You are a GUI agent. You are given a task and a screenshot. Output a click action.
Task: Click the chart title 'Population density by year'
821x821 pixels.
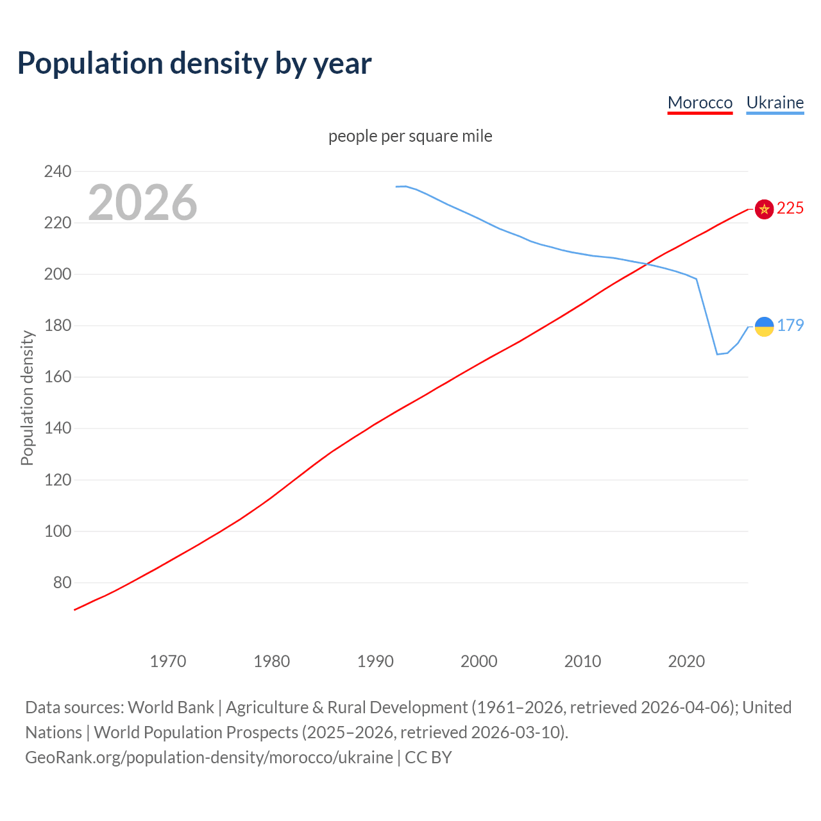click(194, 63)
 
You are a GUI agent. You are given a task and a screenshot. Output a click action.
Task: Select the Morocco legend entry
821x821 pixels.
click(700, 103)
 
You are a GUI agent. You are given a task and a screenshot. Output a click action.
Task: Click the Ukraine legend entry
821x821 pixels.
click(775, 103)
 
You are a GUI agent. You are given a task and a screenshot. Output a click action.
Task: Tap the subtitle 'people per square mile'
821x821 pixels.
click(410, 137)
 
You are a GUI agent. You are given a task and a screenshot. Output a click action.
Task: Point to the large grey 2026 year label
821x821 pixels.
click(142, 203)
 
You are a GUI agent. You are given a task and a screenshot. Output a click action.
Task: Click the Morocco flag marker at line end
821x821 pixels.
click(764, 209)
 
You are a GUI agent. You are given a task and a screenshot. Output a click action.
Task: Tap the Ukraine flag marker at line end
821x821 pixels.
click(764, 326)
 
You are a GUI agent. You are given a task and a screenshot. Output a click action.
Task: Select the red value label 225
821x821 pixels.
click(790, 208)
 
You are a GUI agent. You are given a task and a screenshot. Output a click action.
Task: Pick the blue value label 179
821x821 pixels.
click(790, 326)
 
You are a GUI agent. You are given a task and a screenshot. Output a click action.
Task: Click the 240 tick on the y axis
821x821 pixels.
click(58, 171)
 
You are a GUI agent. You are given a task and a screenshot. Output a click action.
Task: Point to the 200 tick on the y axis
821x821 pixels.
click(58, 275)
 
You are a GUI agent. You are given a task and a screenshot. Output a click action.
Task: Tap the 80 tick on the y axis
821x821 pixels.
click(62, 583)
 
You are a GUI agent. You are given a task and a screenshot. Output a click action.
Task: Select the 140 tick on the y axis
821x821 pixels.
click(58, 428)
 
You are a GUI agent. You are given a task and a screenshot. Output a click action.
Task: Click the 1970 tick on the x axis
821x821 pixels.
click(168, 661)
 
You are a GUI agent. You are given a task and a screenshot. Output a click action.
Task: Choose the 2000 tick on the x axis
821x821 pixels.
click(479, 661)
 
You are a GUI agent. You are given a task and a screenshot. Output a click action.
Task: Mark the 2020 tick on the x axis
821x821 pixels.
click(686, 661)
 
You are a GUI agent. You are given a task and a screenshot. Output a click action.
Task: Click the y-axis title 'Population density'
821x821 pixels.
click(27, 398)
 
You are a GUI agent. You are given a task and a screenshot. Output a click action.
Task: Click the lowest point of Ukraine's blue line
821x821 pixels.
click(717, 354)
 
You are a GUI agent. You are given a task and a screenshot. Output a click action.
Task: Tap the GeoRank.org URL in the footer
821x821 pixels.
click(209, 758)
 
